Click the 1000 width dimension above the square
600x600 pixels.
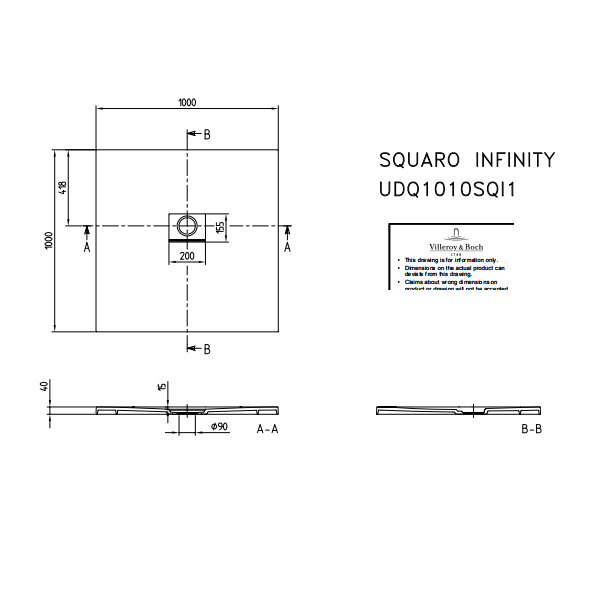point(187,102)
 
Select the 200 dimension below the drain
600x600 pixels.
point(186,256)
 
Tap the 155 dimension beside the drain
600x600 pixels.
point(220,227)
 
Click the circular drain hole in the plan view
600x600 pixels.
point(186,221)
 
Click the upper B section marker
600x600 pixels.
point(207,134)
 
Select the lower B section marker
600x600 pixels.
point(207,349)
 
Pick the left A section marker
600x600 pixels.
point(87,246)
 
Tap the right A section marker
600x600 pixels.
point(288,246)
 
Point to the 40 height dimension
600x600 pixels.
point(44,386)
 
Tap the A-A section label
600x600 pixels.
point(268,429)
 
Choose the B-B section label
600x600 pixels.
point(531,429)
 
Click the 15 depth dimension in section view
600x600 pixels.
point(160,386)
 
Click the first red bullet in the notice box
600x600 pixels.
point(398,258)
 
